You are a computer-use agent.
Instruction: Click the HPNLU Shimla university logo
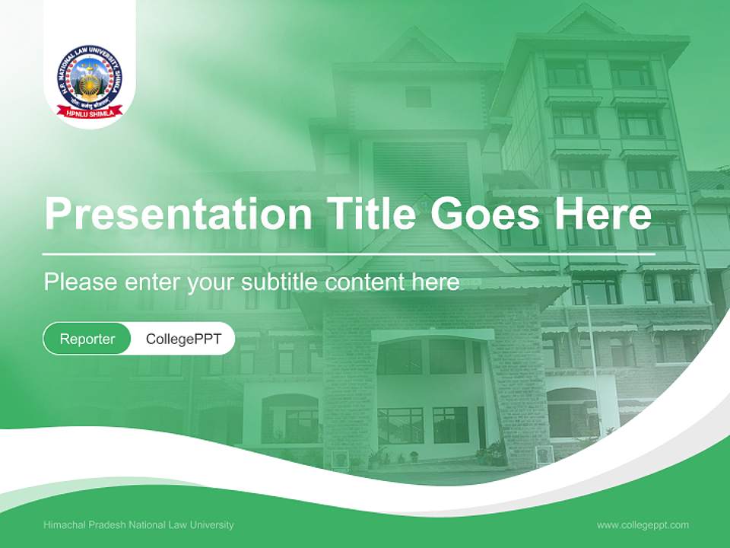pyautogui.click(x=89, y=81)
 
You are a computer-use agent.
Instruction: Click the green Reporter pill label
pyautogui.click(x=87, y=339)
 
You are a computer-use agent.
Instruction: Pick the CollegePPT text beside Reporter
pyautogui.click(x=183, y=339)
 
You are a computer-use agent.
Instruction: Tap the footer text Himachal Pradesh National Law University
pyautogui.click(x=138, y=525)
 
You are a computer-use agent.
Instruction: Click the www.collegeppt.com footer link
pyautogui.click(x=643, y=525)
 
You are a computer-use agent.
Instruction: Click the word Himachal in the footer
pyautogui.click(x=65, y=525)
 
